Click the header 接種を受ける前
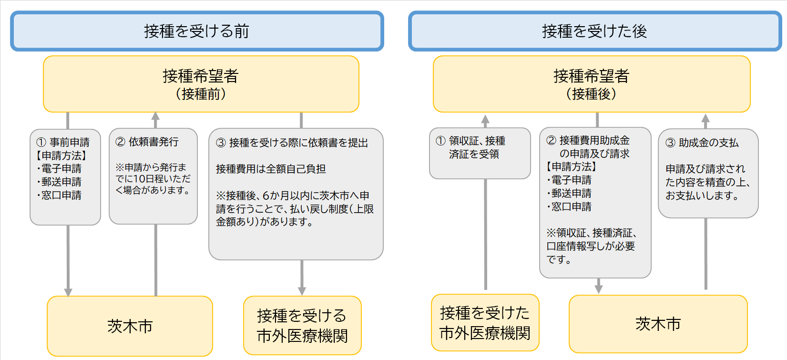click(x=197, y=31)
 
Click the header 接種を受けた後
click(x=594, y=31)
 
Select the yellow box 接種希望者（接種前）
click(x=201, y=84)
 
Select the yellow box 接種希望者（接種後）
click(x=592, y=84)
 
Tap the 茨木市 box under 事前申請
click(x=130, y=326)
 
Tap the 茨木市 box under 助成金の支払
click(x=658, y=324)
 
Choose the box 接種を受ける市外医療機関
click(x=302, y=326)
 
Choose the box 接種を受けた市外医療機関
click(x=485, y=323)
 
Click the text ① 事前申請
click(x=63, y=143)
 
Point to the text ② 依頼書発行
click(x=147, y=142)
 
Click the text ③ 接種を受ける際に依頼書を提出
click(x=292, y=143)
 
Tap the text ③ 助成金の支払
click(x=702, y=143)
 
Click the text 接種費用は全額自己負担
click(x=271, y=169)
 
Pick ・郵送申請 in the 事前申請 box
click(x=59, y=182)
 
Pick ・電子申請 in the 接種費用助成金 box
click(x=569, y=180)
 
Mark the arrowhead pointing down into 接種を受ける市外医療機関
click(x=302, y=291)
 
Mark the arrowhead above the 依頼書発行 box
click(x=156, y=116)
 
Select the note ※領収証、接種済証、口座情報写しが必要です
click(x=592, y=246)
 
